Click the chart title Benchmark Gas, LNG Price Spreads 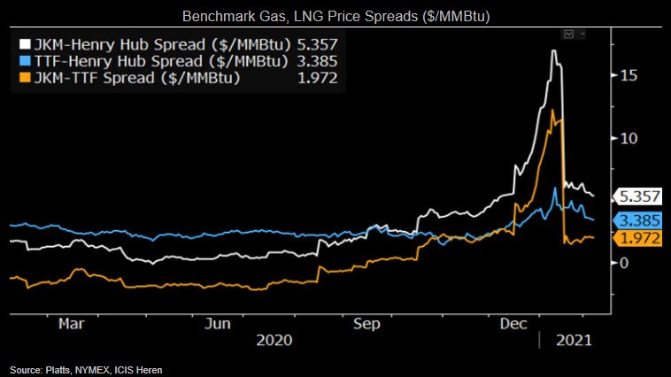[x=335, y=17]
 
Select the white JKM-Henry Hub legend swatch [x=25, y=43]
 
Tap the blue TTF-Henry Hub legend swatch [x=25, y=61]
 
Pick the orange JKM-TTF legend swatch [x=25, y=79]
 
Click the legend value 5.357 [x=317, y=43]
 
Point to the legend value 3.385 [x=317, y=61]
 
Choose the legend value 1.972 [x=317, y=79]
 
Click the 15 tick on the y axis [x=628, y=76]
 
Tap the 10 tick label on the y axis [x=628, y=138]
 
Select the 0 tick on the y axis [x=623, y=263]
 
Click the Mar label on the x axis [x=71, y=323]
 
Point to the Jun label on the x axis [x=219, y=323]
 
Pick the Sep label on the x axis [x=366, y=323]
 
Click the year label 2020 [x=274, y=340]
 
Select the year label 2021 [x=572, y=340]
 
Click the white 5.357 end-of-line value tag [x=639, y=196]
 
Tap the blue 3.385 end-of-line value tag [x=639, y=219]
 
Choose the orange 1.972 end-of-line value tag [x=639, y=238]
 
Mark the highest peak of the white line [x=553, y=51]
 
